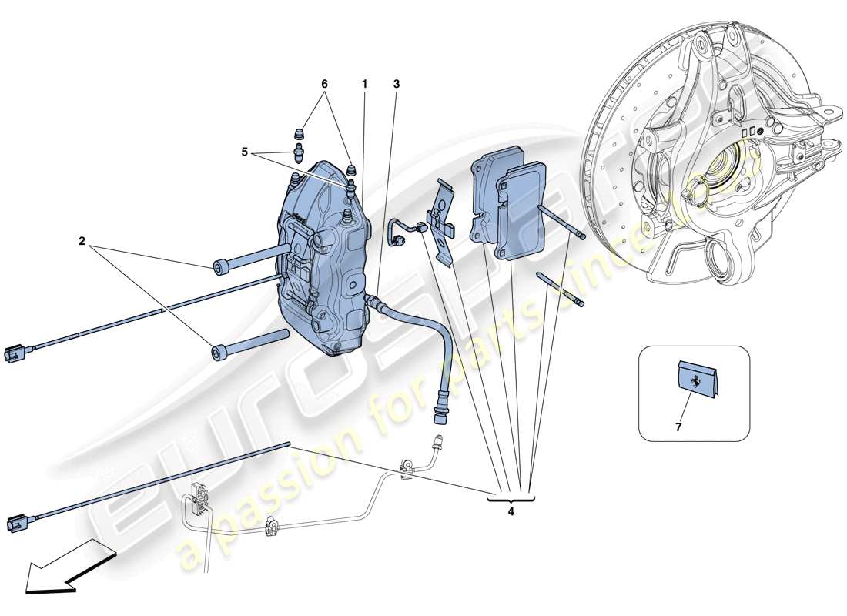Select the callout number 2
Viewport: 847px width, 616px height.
tap(81, 240)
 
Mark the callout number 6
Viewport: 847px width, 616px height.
tap(324, 82)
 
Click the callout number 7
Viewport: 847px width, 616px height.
tap(678, 426)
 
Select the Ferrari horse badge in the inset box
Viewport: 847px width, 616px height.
tap(697, 380)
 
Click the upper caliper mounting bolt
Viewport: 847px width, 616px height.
tap(250, 257)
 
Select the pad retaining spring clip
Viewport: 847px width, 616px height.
tap(442, 219)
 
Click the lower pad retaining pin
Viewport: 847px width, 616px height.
tap(566, 290)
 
